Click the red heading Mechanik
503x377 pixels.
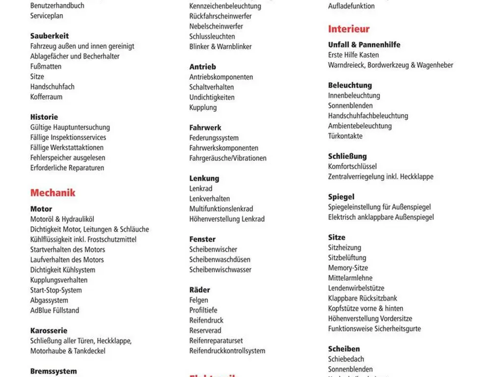point(53,193)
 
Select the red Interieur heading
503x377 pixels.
point(349,29)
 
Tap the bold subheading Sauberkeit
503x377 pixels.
point(50,36)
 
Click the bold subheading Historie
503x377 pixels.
point(44,117)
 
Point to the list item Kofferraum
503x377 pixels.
point(46,97)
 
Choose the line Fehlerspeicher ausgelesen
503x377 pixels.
point(68,158)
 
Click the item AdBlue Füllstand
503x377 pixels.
point(55,310)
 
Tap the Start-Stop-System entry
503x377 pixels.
point(56,290)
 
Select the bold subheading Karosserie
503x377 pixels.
point(49,330)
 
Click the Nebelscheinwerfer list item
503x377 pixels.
point(216,26)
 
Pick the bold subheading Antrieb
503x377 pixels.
point(203,67)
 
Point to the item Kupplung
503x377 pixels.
point(203,108)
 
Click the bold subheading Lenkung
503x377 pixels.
point(204,178)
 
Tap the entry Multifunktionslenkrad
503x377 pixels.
point(221,209)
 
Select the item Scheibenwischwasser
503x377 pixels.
point(221,269)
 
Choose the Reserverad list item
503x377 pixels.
point(205,330)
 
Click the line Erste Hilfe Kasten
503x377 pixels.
point(354,55)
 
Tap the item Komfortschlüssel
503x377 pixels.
point(353,166)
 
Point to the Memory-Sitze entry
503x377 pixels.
point(348,268)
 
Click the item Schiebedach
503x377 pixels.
point(346,359)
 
